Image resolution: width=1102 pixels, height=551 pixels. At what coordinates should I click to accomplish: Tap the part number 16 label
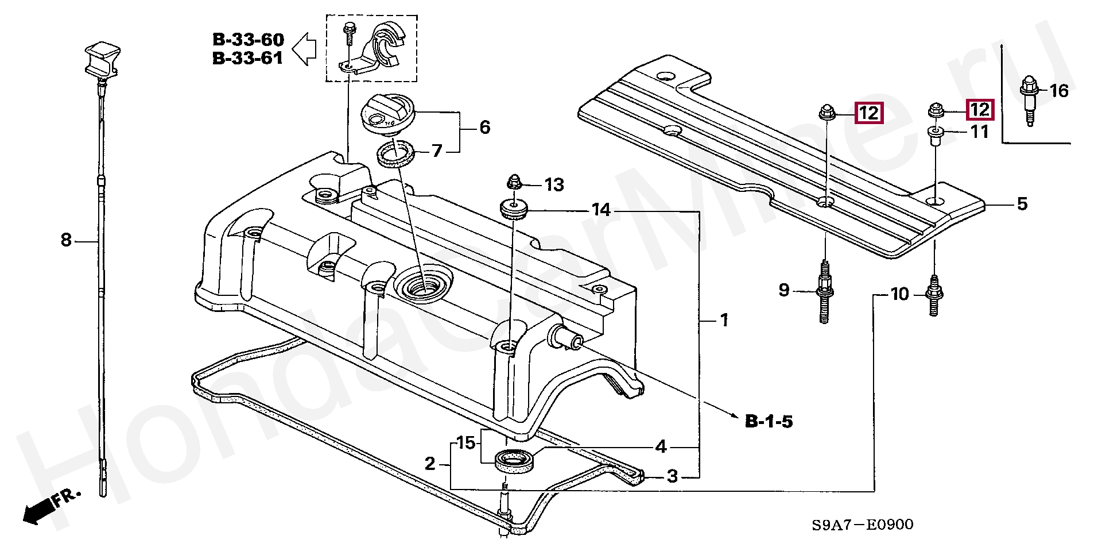coord(1059,91)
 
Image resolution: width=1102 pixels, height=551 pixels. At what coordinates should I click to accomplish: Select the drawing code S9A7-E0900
coord(862,525)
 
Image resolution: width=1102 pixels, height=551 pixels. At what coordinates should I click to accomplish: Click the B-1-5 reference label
coord(769,421)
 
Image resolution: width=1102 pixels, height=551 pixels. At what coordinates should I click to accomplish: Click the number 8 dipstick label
coord(66,240)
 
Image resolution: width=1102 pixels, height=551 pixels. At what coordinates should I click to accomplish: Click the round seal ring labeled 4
coord(514,461)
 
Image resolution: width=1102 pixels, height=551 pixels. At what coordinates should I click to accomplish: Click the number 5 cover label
coord(1022,204)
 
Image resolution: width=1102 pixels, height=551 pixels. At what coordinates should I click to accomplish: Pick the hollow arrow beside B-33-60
coord(304,48)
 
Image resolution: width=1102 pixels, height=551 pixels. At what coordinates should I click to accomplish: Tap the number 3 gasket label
coord(673,476)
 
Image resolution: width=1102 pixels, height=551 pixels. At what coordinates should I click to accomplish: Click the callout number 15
coord(466,443)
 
